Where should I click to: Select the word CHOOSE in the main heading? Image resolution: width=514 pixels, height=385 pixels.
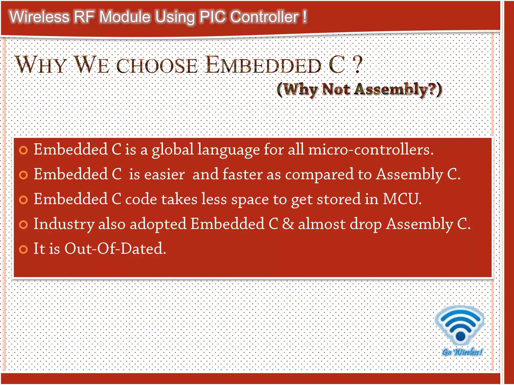(157, 66)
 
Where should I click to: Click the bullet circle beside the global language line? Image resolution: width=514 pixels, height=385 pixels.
(23, 150)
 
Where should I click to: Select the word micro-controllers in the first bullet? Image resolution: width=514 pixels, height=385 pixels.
(371, 150)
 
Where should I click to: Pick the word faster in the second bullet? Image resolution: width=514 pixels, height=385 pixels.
(242, 174)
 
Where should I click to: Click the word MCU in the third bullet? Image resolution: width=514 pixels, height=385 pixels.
(402, 199)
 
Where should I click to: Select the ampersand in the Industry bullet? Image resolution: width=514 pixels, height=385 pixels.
(288, 224)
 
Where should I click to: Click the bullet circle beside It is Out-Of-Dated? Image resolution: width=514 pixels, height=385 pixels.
(23, 249)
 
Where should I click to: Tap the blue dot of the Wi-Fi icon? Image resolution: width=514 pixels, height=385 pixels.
(460, 336)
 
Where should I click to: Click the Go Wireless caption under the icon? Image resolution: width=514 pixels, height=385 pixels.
(462, 352)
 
